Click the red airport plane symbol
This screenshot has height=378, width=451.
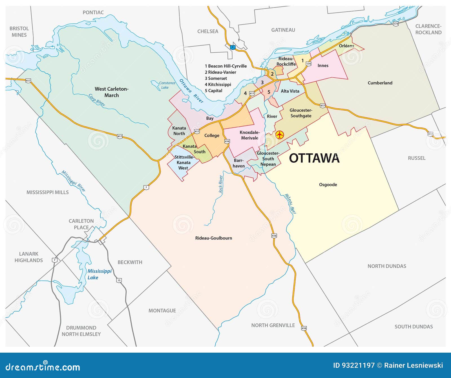pyautogui.click(x=279, y=135)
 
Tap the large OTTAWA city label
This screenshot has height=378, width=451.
pyautogui.click(x=314, y=158)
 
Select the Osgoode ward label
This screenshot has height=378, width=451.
pyautogui.click(x=328, y=185)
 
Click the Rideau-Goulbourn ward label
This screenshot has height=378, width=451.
pyautogui.click(x=214, y=238)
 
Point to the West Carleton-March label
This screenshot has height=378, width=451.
pyautogui.click(x=112, y=92)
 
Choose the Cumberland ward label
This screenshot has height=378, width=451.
pyautogui.click(x=380, y=83)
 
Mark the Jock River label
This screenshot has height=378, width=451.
pyautogui.click(x=221, y=184)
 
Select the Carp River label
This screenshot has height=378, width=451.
pyautogui.click(x=97, y=100)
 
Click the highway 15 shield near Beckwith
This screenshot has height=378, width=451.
pyautogui.click(x=119, y=280)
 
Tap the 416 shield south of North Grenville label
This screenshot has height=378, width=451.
pyautogui.click(x=304, y=328)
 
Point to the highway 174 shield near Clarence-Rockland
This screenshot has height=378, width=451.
pyautogui.click(x=396, y=24)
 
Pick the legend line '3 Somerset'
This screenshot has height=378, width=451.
pyautogui.click(x=216, y=78)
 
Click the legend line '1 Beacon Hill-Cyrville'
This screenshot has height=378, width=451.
pyautogui.click(x=225, y=66)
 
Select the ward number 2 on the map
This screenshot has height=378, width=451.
pyautogui.click(x=272, y=74)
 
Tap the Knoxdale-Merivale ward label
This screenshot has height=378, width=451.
pyautogui.click(x=249, y=135)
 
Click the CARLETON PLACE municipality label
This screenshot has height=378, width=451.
pyautogui.click(x=81, y=224)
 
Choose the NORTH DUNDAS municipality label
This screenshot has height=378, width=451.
pyautogui.click(x=387, y=266)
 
